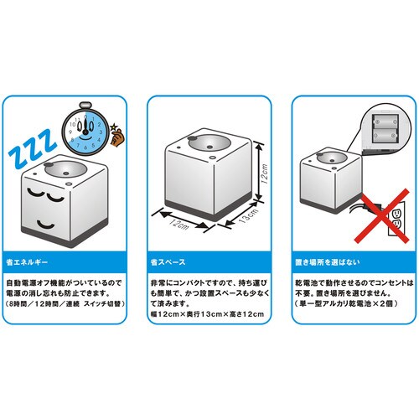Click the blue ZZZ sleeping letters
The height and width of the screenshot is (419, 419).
point(32,149)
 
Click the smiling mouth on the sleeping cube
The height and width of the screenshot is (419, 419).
point(45,225)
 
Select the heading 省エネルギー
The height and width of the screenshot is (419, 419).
point(27,262)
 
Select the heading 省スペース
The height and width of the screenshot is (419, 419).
point(168,262)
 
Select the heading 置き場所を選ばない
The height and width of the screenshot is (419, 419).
point(328,262)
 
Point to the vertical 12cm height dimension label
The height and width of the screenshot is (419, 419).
point(265,173)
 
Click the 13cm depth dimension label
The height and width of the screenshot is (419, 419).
point(248,215)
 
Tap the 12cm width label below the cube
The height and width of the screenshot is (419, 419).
point(179,225)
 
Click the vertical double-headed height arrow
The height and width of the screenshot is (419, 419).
point(259,171)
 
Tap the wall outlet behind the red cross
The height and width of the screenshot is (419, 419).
point(396,219)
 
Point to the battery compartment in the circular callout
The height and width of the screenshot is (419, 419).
point(385,128)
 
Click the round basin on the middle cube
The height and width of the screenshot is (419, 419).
point(209,142)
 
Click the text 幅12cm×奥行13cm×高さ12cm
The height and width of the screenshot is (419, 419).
point(207,314)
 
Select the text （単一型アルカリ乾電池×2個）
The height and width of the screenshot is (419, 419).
point(346,303)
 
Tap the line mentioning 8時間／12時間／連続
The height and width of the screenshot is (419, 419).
point(65,303)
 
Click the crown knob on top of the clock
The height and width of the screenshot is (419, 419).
point(85,106)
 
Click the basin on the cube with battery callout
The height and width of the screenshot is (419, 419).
point(332,158)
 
